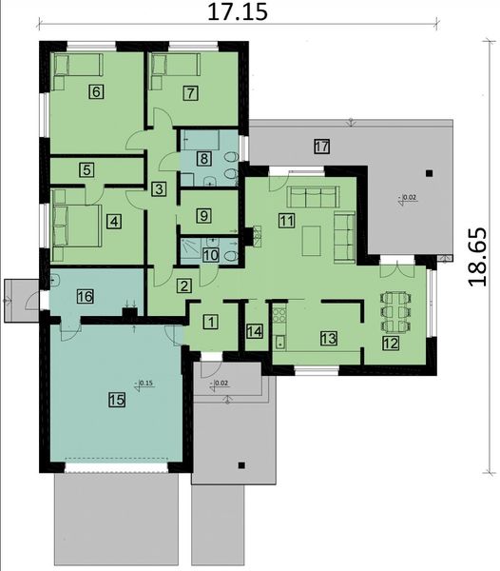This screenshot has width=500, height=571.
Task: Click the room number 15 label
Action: click(117, 401)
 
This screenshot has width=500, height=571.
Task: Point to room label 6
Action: click(94, 92)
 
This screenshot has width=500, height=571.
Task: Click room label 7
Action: click(191, 92)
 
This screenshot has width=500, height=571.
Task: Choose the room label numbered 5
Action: click(87, 170)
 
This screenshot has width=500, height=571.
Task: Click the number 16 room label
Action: click(85, 297)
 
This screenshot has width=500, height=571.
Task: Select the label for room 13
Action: click(328, 338)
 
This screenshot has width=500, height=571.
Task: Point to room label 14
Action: click(254, 331)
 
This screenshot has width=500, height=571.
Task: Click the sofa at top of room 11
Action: click(307, 197)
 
